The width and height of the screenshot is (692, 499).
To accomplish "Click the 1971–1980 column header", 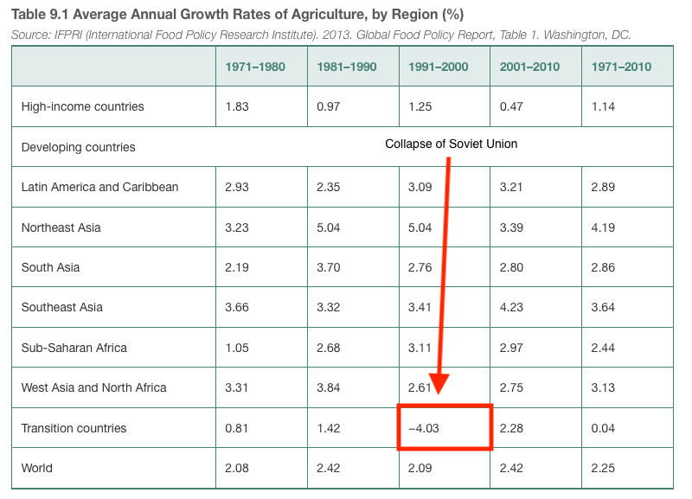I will (254, 67).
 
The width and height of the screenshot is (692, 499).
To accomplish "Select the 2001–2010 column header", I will (529, 67).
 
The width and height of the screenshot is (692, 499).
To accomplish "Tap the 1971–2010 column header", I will (621, 67).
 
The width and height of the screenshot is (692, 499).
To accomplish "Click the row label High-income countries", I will (82, 106).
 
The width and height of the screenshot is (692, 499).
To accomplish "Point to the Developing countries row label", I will (78, 147).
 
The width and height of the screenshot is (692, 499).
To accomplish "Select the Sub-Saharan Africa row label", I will (74, 348).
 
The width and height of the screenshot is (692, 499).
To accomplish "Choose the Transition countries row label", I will (74, 428).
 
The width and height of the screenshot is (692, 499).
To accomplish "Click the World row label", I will (36, 468).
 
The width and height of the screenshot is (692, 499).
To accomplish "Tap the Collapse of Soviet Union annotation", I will (451, 144).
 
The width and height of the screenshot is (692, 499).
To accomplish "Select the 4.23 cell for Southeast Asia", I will (513, 307).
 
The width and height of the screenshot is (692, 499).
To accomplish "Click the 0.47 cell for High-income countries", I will (513, 106).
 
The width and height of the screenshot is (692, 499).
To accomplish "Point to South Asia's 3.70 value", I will (330, 267).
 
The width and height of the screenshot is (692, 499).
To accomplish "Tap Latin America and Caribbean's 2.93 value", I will (238, 187).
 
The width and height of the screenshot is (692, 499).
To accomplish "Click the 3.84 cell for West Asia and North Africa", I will (330, 387).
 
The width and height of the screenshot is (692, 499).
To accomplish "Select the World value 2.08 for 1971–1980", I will (238, 468).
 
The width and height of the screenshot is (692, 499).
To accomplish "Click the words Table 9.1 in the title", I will (40, 15).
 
